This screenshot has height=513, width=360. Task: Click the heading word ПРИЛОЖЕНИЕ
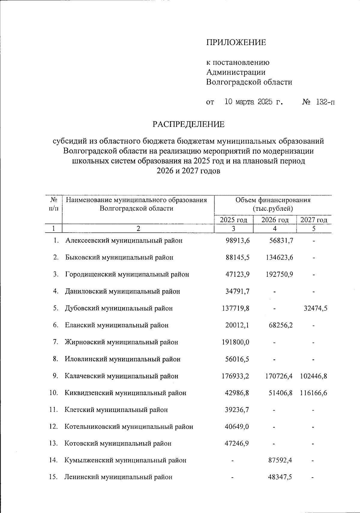[x=236, y=43]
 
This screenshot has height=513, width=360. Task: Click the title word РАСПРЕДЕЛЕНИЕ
[x=188, y=124]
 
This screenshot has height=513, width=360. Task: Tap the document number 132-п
[x=325, y=102]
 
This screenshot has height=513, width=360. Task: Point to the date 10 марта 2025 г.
[x=254, y=102]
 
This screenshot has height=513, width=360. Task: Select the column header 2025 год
[x=234, y=220]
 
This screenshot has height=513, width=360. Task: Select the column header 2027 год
[x=313, y=220]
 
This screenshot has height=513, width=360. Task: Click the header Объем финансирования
[x=273, y=200]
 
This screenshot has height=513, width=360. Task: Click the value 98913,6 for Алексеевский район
[x=238, y=240]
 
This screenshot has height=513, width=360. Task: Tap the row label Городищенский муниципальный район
[x=127, y=274]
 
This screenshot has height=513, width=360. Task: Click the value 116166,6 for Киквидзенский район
[x=313, y=393]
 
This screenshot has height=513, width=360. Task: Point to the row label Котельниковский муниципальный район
[x=129, y=427]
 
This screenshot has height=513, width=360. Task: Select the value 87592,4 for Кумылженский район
[x=280, y=460]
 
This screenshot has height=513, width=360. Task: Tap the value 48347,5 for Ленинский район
[x=280, y=477]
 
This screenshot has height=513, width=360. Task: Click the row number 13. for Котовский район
[x=53, y=443]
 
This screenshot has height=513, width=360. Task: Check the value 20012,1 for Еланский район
[x=237, y=325]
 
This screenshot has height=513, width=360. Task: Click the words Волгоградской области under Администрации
[x=249, y=82]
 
